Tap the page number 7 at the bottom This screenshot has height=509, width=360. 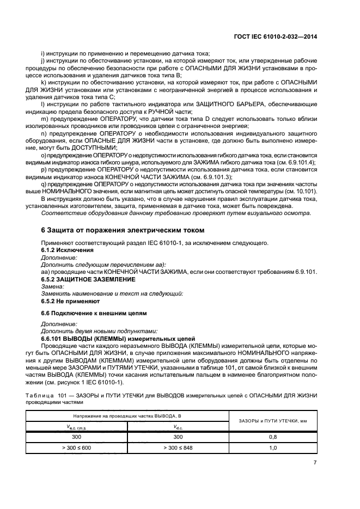point(315,463)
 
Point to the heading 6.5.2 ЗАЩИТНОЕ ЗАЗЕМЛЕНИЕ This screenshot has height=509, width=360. point(88,279)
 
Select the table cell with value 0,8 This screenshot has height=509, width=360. point(273,437)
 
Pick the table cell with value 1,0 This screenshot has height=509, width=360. point(273,447)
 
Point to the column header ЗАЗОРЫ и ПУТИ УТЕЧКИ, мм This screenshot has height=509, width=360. point(273,421)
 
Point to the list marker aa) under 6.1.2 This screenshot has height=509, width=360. point(45,271)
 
